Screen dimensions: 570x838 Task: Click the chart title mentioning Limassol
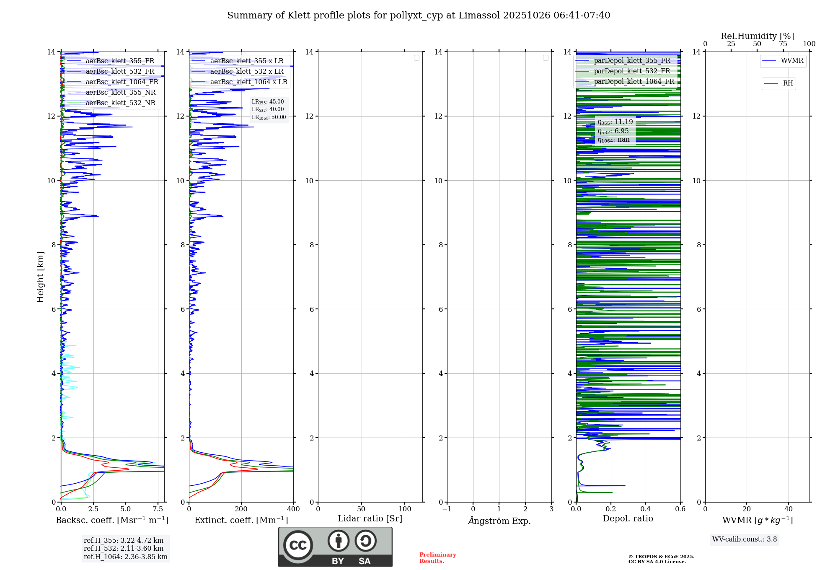418,16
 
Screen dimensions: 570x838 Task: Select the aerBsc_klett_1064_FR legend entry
122,82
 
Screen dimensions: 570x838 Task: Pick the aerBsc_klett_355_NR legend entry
120,93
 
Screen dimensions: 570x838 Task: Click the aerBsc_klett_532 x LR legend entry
246,72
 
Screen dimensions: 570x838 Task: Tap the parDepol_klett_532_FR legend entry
632,71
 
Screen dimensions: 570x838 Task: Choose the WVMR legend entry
791,61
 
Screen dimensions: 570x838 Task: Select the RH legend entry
788,83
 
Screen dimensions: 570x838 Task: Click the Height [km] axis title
40,277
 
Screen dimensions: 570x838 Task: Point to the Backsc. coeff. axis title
112,520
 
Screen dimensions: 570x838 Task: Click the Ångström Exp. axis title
499,521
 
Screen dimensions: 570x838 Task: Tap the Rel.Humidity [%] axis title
757,36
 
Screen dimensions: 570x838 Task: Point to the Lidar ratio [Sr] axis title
370,519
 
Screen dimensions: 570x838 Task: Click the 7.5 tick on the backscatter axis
158,509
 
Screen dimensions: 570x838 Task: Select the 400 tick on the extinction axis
293,509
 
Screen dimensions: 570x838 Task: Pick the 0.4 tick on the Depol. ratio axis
646,509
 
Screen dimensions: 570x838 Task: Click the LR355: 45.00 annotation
268,102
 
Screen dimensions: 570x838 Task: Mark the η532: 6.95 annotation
613,131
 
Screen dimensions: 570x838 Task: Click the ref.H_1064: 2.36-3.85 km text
125,557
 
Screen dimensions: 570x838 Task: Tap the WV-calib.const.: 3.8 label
745,539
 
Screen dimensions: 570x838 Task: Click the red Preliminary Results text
437,558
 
